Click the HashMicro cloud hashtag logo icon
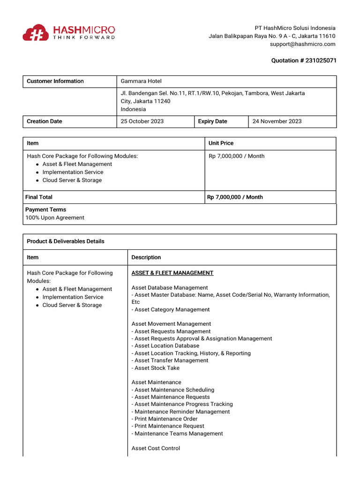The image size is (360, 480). [35, 32]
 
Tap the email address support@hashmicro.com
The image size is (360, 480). [302, 44]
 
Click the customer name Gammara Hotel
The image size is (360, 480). [141, 81]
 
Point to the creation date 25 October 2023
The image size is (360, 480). [142, 121]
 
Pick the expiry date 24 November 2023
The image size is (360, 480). [277, 121]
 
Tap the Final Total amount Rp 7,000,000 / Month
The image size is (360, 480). [235, 197]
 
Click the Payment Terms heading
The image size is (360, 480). [45, 210]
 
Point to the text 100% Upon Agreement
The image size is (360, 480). [55, 217]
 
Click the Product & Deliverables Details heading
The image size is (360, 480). [66, 241]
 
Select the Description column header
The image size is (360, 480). [146, 257]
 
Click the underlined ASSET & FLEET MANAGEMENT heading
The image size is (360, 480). [172, 273]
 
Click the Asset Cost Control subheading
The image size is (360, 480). [156, 448]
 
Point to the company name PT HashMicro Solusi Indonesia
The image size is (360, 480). [295, 28]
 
